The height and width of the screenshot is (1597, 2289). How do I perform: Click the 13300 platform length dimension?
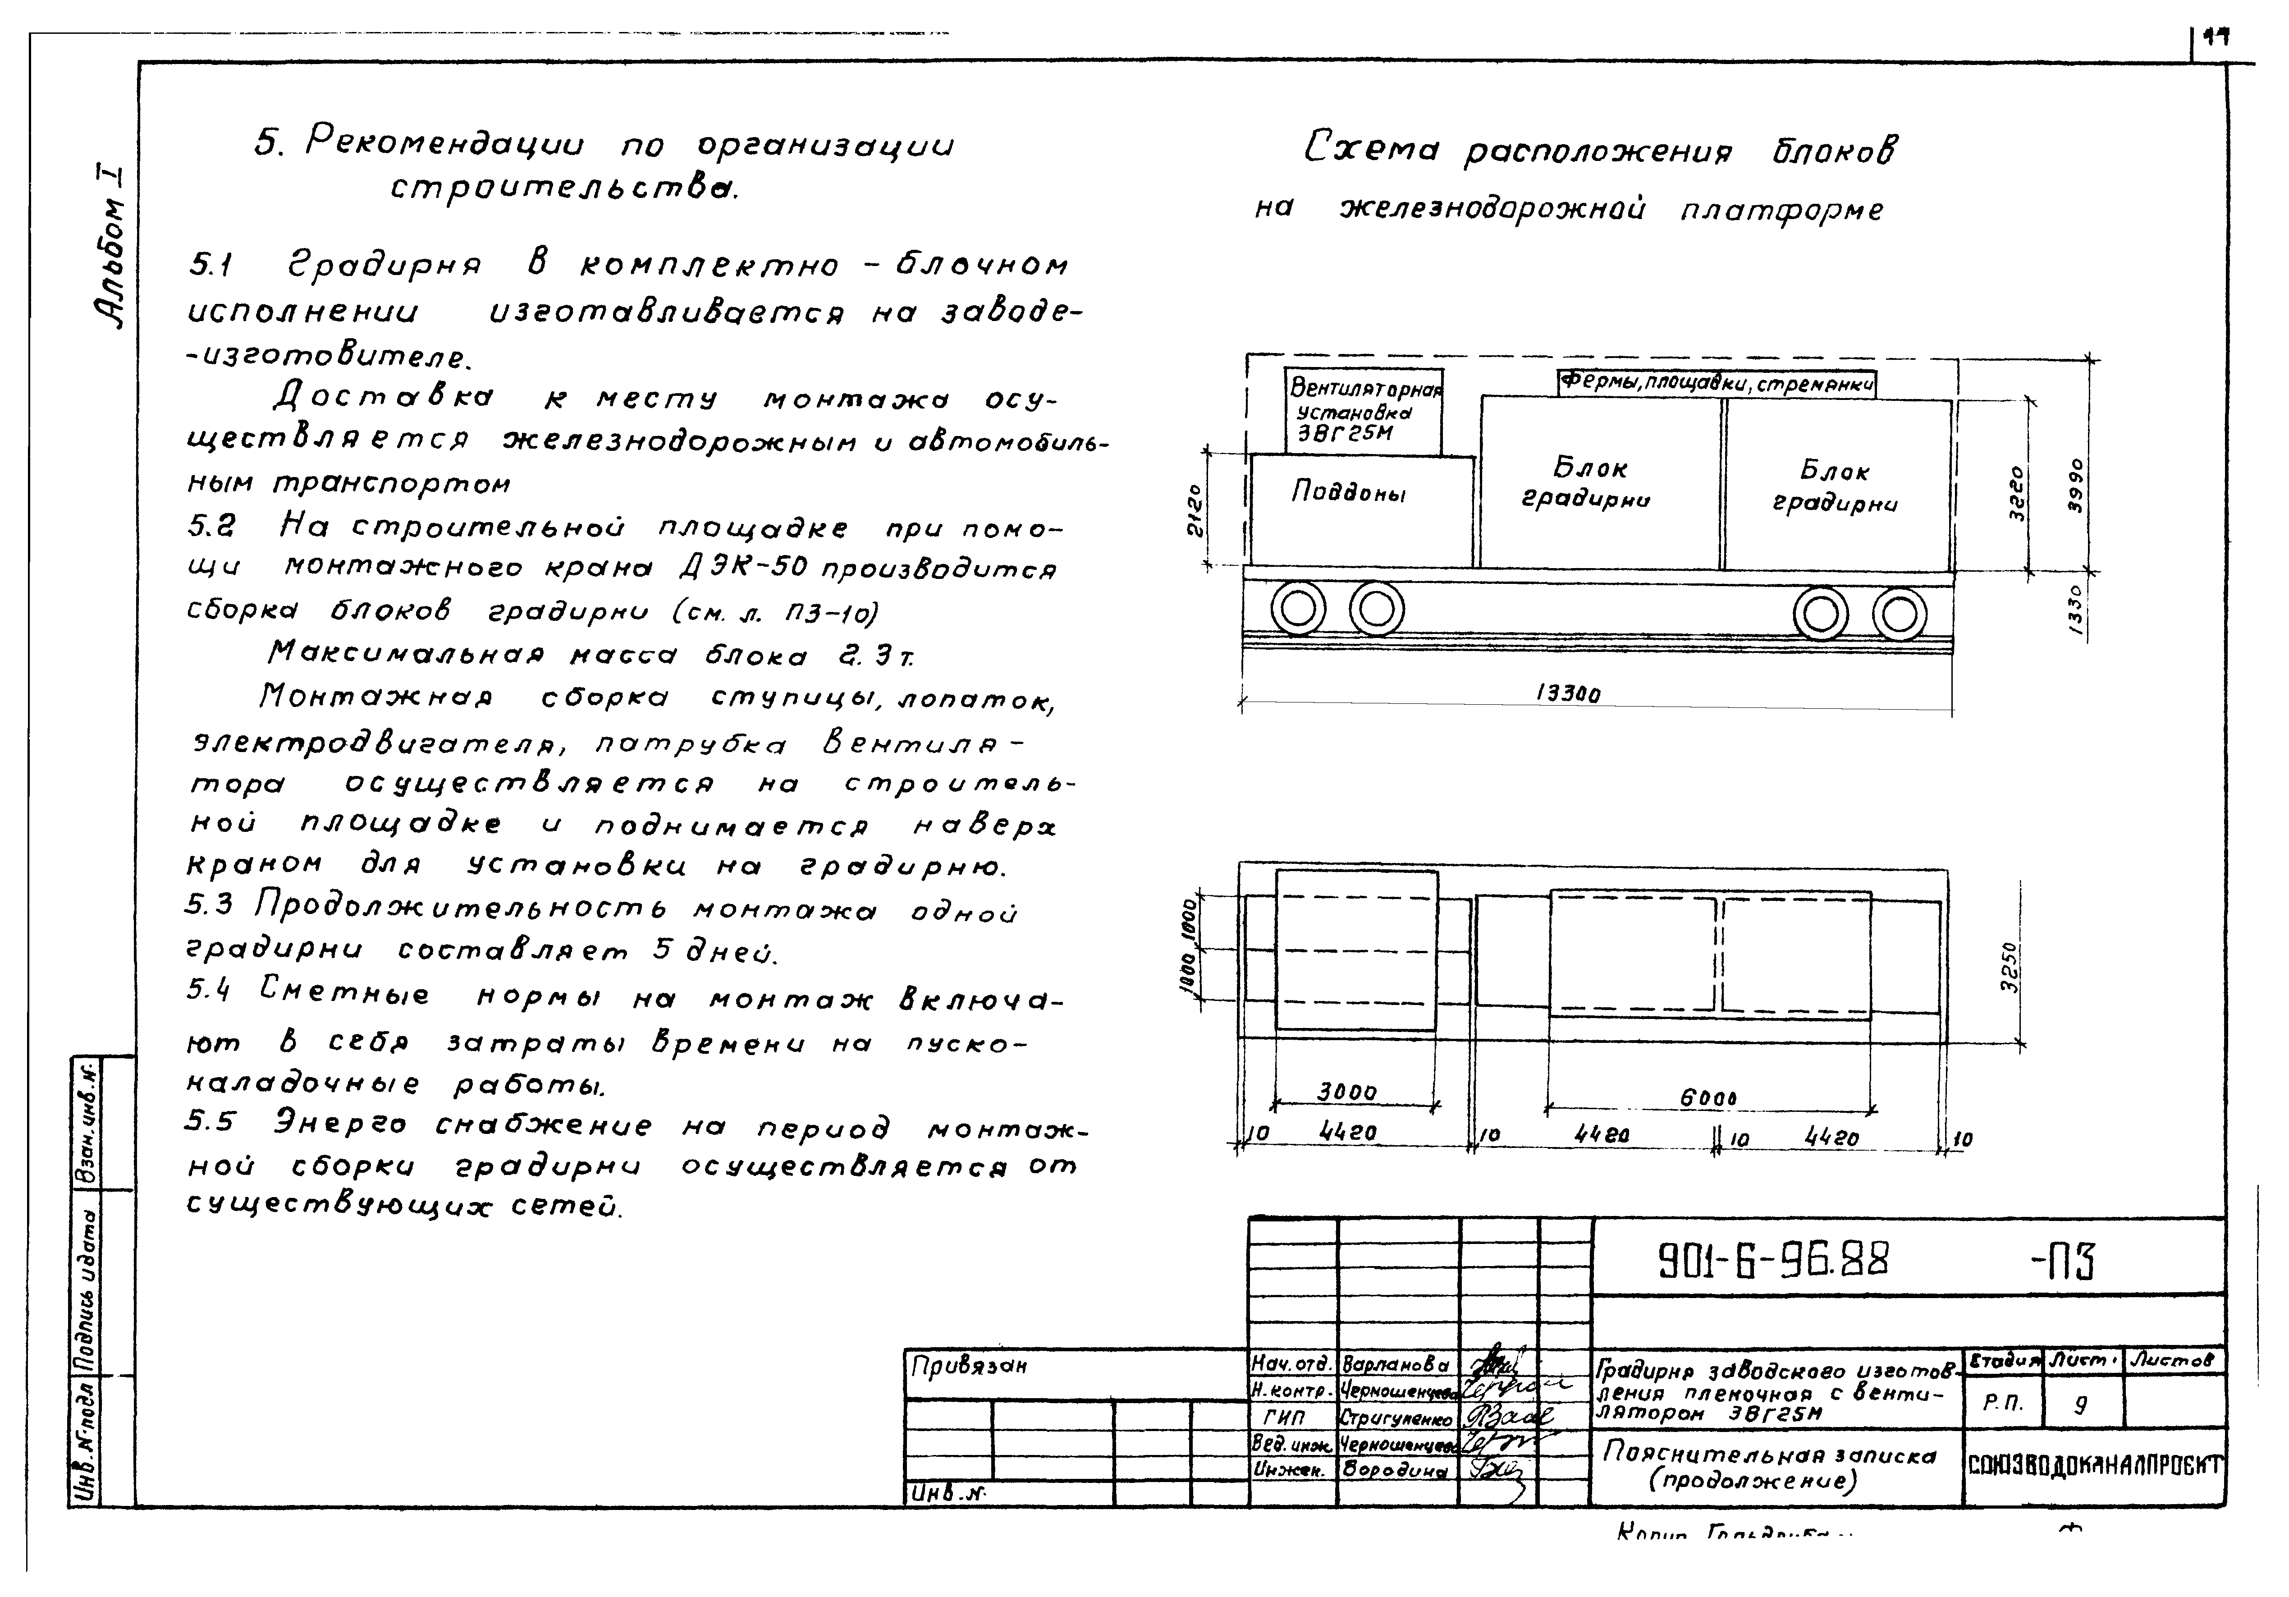tap(1568, 693)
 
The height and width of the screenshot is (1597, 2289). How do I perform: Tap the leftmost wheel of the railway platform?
tap(1298, 609)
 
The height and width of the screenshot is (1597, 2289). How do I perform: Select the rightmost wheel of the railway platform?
tap(1899, 613)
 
